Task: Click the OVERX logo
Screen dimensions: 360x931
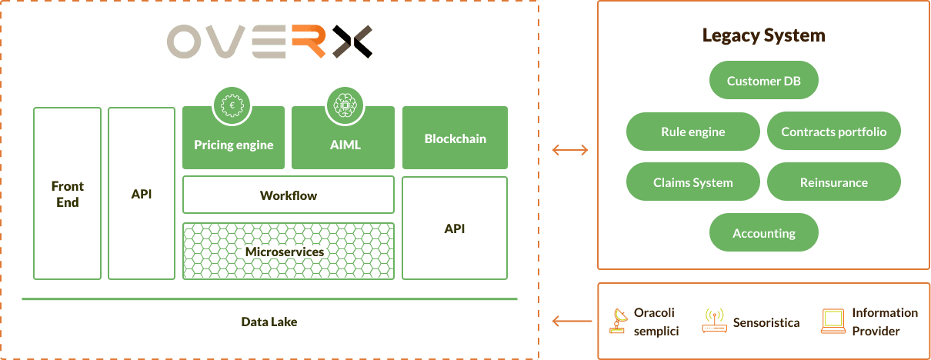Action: (x=270, y=42)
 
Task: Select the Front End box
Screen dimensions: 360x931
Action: (x=68, y=193)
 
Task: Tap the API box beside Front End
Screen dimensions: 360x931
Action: (x=142, y=193)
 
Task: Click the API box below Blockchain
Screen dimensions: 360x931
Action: (x=455, y=228)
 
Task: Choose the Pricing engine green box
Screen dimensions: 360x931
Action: (x=233, y=144)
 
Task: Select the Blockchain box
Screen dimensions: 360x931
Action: (x=455, y=138)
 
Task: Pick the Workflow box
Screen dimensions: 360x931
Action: (x=289, y=195)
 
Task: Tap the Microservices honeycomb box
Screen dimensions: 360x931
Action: (x=289, y=252)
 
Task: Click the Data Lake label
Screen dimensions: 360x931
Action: (x=269, y=322)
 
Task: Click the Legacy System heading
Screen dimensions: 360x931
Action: (x=763, y=35)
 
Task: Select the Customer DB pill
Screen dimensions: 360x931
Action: (x=763, y=81)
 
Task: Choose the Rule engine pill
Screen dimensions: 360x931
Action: (x=693, y=132)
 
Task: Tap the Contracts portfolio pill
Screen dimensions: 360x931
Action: (x=833, y=132)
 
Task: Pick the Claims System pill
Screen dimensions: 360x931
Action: (x=693, y=182)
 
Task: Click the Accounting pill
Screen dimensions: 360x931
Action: (x=763, y=233)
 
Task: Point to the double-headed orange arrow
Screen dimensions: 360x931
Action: (x=570, y=150)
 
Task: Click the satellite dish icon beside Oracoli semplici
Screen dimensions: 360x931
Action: (x=617, y=322)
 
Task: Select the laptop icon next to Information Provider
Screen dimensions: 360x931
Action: (x=833, y=322)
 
